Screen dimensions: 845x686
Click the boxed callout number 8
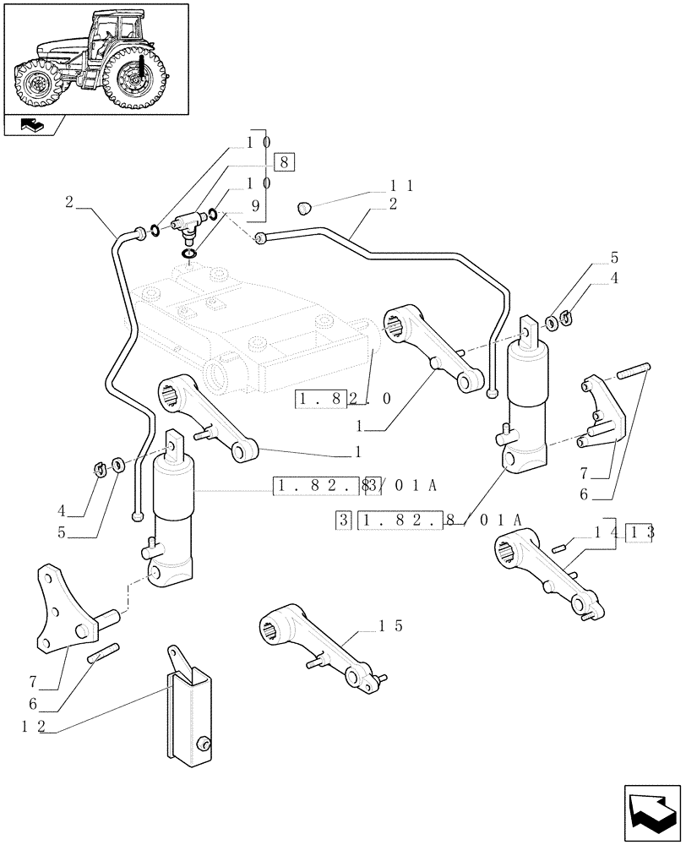284,163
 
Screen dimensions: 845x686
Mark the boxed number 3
342,521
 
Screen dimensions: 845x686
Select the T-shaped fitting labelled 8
186,225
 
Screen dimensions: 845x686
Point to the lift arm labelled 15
318,646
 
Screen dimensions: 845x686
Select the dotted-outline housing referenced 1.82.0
253,330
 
